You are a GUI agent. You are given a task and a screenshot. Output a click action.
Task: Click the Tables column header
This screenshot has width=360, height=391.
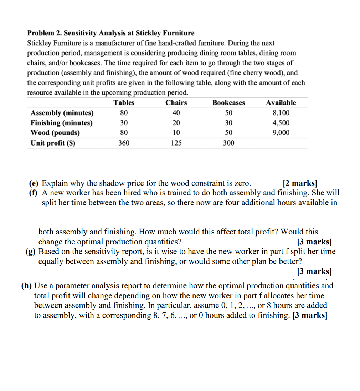click(124, 103)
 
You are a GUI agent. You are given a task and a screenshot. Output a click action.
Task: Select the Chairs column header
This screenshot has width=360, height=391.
click(176, 103)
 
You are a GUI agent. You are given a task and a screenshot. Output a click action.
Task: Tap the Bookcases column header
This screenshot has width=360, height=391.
click(228, 103)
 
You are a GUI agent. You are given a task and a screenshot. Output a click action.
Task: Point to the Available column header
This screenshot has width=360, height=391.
click(281, 103)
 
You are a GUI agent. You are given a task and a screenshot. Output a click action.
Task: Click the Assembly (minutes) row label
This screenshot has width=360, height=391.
click(62, 113)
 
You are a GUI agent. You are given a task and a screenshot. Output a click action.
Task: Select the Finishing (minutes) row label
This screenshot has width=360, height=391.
click(61, 123)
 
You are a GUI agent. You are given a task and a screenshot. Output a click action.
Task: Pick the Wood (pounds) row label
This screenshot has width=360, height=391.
click(55, 133)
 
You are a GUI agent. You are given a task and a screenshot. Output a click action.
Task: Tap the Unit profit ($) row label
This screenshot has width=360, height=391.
click(53, 143)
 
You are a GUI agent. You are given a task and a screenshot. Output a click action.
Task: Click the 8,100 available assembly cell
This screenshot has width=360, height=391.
click(281, 113)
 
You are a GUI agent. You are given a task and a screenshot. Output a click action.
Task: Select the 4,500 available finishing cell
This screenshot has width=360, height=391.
click(281, 123)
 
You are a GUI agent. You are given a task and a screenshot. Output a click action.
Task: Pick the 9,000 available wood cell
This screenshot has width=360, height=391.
click(281, 133)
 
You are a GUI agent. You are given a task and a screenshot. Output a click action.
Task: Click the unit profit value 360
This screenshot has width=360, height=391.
click(124, 143)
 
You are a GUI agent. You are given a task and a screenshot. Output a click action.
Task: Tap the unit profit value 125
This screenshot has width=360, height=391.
click(176, 143)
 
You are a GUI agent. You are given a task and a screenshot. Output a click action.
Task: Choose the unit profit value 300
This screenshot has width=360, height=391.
click(228, 143)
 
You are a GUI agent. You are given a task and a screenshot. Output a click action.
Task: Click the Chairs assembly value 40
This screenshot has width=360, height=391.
click(176, 113)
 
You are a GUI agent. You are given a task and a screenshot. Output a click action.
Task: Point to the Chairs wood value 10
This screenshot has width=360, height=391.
click(176, 133)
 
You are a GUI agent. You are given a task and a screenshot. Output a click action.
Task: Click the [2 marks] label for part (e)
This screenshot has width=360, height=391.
click(300, 183)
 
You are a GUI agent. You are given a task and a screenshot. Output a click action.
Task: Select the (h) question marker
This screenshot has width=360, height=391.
click(26, 286)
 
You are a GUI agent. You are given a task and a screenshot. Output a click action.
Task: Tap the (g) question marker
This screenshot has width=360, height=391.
click(31, 252)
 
